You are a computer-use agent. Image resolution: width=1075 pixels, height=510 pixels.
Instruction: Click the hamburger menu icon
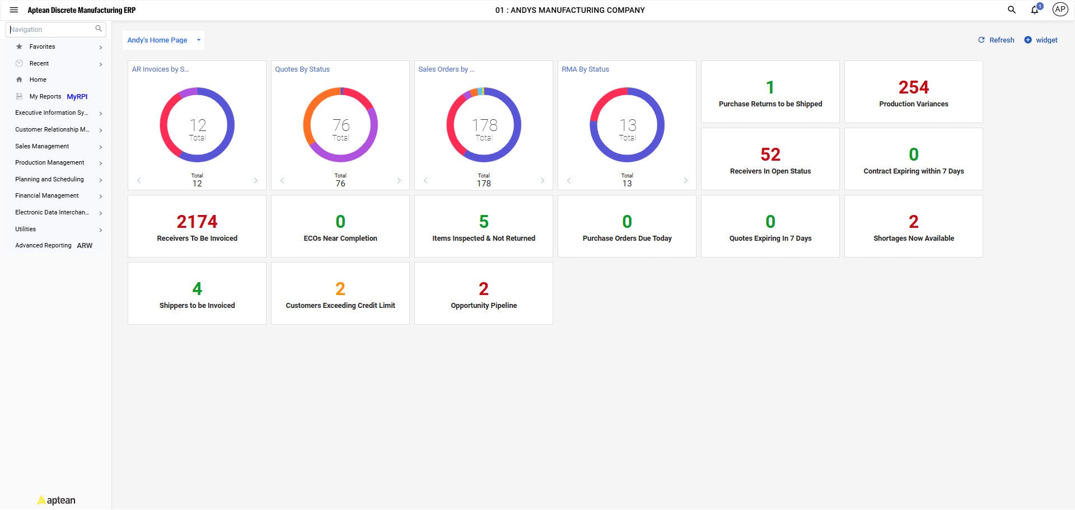click(x=14, y=10)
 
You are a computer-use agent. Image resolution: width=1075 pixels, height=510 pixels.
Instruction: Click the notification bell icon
click(x=1035, y=10)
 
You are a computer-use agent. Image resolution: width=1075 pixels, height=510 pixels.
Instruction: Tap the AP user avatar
click(x=1059, y=10)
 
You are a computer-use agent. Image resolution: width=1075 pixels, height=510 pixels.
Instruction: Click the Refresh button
click(x=996, y=40)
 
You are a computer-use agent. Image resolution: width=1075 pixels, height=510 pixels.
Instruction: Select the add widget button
click(x=1041, y=40)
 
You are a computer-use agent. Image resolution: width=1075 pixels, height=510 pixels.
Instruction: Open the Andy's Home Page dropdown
click(x=163, y=40)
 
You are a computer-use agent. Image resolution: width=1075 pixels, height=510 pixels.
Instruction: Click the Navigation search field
click(x=52, y=29)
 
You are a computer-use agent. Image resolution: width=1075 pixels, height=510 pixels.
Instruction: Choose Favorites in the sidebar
click(x=43, y=47)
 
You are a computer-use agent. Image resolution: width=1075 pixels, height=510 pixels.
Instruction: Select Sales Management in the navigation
click(x=42, y=147)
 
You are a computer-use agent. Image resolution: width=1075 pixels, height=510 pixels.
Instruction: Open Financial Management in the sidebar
click(x=47, y=196)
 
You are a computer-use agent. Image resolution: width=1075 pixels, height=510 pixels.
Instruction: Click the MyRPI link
click(x=77, y=97)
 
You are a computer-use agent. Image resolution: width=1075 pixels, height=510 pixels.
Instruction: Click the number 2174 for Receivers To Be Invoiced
click(x=197, y=222)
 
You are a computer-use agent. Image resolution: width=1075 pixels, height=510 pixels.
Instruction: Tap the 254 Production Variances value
click(x=913, y=88)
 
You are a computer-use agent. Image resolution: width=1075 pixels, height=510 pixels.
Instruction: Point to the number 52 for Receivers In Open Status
click(x=770, y=155)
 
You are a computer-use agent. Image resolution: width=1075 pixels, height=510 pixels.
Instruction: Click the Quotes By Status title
click(x=302, y=69)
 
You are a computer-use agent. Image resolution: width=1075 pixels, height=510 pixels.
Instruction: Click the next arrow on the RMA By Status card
click(x=685, y=181)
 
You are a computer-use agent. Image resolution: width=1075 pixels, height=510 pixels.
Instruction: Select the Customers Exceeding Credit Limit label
click(x=340, y=306)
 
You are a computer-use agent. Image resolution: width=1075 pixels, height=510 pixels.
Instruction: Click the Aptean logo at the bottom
click(x=57, y=500)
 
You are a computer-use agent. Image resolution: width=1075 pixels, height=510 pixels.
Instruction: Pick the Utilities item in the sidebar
click(x=26, y=230)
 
